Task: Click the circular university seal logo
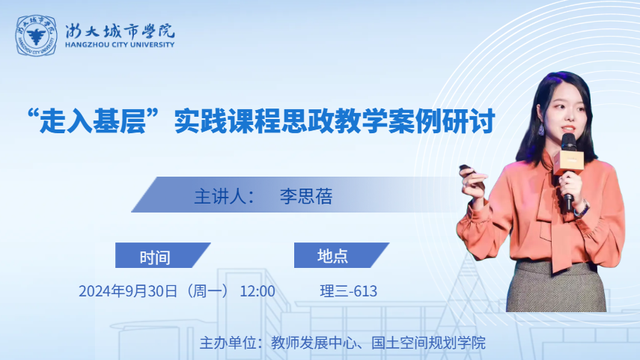[x=37, y=35]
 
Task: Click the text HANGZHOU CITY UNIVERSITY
[x=120, y=44]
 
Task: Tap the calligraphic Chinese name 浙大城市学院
[x=120, y=31]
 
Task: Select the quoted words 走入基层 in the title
[x=93, y=120]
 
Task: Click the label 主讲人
[x=219, y=196]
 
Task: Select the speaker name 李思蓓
[x=306, y=196]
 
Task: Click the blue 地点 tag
[x=341, y=255]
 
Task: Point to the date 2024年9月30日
[x=128, y=291]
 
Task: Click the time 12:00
[x=257, y=291]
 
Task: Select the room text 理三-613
[x=349, y=291]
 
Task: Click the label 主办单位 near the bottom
[x=228, y=343]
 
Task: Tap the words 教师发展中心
[x=314, y=343]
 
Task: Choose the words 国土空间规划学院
[x=429, y=343]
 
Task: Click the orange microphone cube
[x=568, y=162]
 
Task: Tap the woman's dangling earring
[x=540, y=129]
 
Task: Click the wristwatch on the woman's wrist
[x=582, y=208]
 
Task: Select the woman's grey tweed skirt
[x=556, y=287]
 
